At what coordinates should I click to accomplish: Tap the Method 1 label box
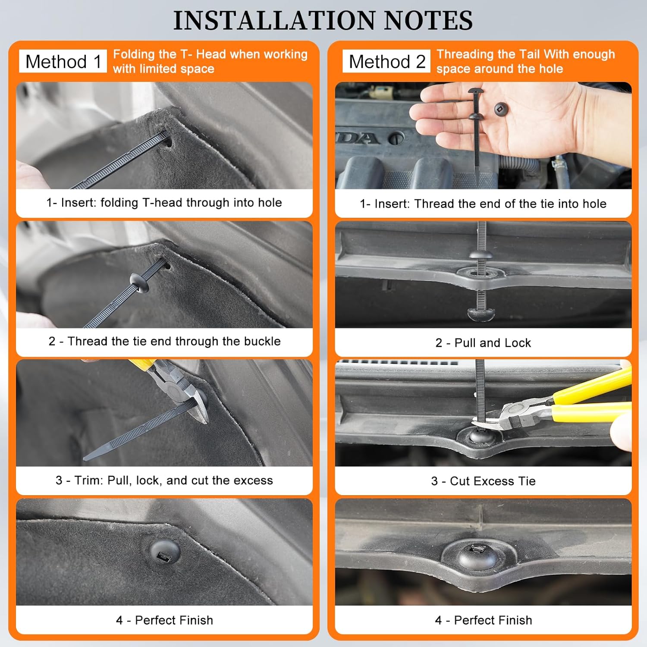[63, 61]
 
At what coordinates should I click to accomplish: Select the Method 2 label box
[386, 61]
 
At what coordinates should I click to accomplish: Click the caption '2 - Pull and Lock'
[483, 342]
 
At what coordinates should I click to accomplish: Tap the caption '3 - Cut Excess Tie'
[483, 481]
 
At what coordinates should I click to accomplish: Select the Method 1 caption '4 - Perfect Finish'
[164, 620]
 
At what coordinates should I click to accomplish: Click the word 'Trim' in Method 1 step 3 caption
[88, 480]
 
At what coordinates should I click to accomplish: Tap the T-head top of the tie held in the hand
[476, 91]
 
